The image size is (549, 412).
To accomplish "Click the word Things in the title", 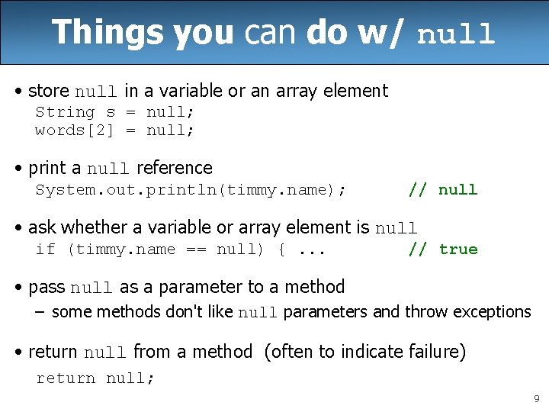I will click(x=108, y=33).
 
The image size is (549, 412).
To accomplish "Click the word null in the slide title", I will click(x=456, y=35).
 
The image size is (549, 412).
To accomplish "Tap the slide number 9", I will click(x=536, y=398).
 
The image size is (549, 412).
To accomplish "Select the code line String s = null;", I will click(x=115, y=112).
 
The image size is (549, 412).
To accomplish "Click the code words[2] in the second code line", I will click(x=75, y=130).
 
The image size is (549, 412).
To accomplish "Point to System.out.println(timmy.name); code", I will click(x=191, y=190).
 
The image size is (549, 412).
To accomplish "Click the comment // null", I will click(x=443, y=190).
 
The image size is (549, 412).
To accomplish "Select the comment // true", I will click(x=443, y=249).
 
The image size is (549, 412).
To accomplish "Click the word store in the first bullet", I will click(x=48, y=91).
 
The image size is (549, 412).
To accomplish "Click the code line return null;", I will click(x=95, y=378).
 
